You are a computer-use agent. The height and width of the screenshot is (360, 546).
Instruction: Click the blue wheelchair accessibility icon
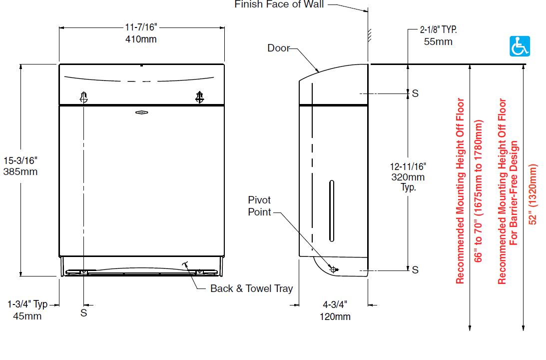point(520,46)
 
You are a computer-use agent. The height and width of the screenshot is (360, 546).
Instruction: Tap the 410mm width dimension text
point(141,39)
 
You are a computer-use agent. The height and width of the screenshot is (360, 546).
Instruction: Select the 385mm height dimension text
point(20,172)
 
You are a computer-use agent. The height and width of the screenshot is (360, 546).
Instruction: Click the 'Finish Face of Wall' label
point(279,4)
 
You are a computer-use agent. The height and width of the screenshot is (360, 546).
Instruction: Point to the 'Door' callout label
point(279,48)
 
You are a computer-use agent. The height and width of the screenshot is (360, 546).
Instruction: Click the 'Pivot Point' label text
point(259,206)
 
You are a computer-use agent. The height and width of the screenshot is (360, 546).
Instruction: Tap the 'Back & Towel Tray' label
point(251,288)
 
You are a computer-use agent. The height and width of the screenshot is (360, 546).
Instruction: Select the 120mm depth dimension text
point(335,317)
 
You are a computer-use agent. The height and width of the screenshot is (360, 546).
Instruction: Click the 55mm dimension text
point(438,42)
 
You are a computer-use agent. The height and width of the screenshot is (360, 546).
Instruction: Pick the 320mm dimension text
point(408,177)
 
